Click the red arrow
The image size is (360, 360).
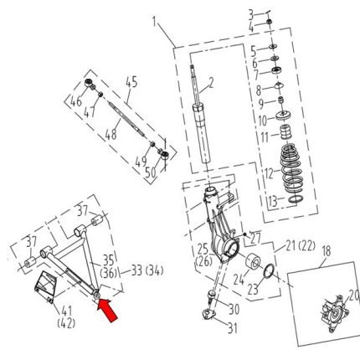[x=107, y=310]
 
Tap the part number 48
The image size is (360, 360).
[x=111, y=135]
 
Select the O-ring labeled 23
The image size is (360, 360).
[x=270, y=271]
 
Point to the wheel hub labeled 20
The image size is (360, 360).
[x=334, y=314]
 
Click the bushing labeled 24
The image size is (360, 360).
[x=254, y=263]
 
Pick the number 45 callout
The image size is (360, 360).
[x=131, y=82]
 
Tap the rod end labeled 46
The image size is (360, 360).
[x=89, y=83]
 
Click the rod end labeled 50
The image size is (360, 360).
[x=165, y=154]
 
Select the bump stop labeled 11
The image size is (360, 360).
[x=285, y=134]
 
